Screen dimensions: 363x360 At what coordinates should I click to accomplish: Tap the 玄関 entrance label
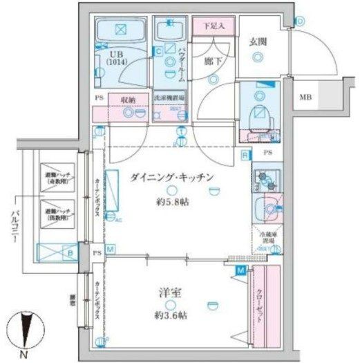pyautogui.click(x=260, y=41)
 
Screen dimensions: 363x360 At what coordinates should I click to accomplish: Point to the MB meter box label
pyautogui.click(x=305, y=98)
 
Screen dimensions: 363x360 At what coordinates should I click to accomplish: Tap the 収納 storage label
pyautogui.click(x=127, y=100)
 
